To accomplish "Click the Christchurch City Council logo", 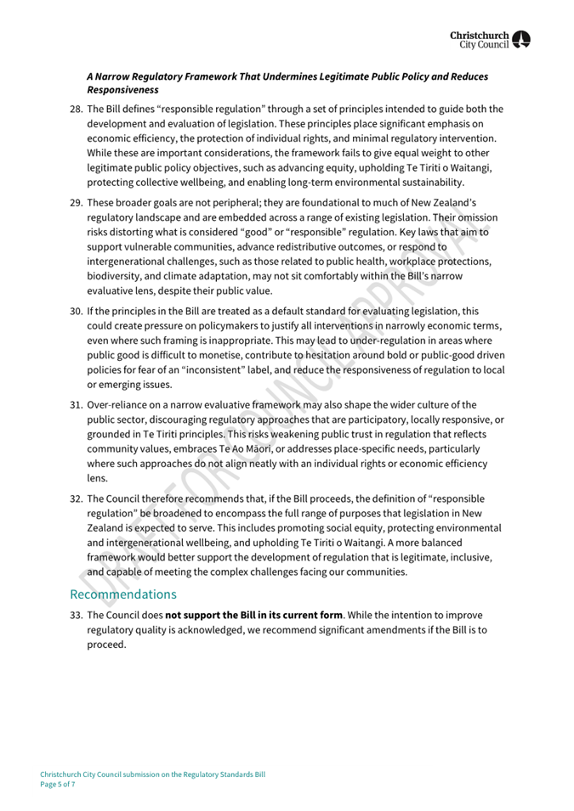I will point(491,38).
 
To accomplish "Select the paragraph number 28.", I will point(77,109).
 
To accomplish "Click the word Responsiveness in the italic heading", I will point(122,88).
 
